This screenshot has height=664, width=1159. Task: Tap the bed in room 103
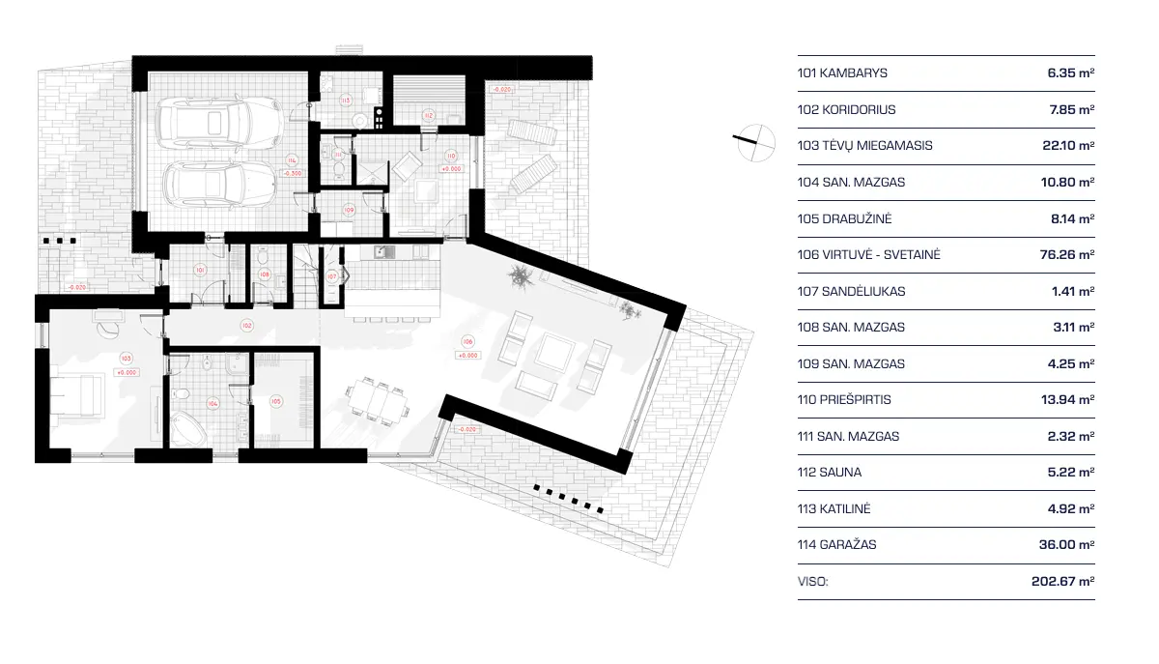(77, 394)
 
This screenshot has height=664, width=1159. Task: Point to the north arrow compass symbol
(753, 142)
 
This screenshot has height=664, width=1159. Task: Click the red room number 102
(247, 326)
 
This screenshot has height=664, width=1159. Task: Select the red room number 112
(429, 115)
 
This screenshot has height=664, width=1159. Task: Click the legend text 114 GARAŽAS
(837, 545)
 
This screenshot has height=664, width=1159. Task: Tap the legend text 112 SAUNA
(830, 473)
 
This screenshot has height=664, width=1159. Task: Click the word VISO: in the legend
(813, 582)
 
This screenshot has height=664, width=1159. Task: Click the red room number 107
(331, 276)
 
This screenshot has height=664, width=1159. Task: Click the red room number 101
(200, 270)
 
